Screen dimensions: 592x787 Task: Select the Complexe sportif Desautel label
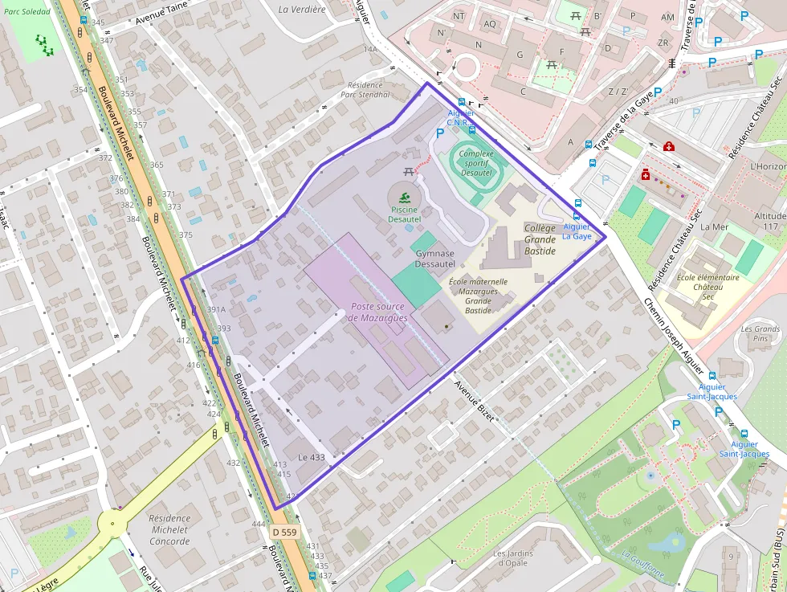(x=476, y=163)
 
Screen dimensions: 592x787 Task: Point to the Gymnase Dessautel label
(x=435, y=258)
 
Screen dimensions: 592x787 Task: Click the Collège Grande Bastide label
(x=540, y=239)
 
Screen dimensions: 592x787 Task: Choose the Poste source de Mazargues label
(x=378, y=312)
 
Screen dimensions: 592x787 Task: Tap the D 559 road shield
(x=283, y=532)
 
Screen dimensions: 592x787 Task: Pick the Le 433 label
(x=312, y=457)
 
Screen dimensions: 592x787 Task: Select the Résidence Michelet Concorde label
(x=169, y=530)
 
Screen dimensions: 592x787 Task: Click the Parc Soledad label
(x=27, y=12)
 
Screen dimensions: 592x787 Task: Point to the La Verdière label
(x=302, y=10)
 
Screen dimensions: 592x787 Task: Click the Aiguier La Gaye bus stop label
(x=577, y=231)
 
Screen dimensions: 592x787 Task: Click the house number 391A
(x=216, y=309)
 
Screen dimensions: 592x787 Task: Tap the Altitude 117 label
(x=770, y=222)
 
